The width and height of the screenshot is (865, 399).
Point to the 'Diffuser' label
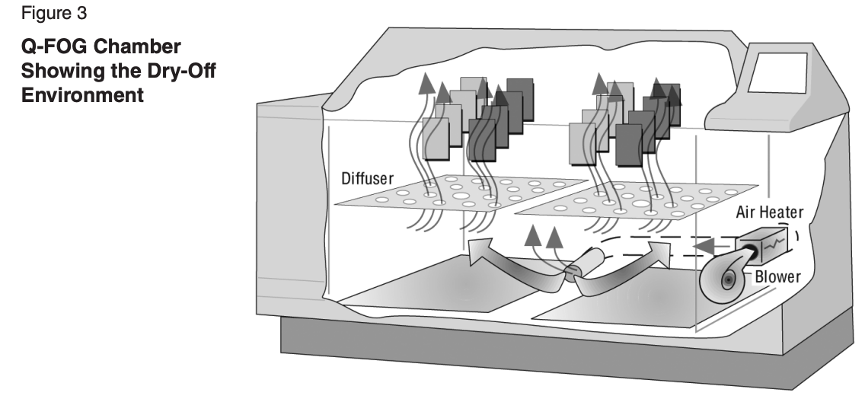(368, 179)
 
